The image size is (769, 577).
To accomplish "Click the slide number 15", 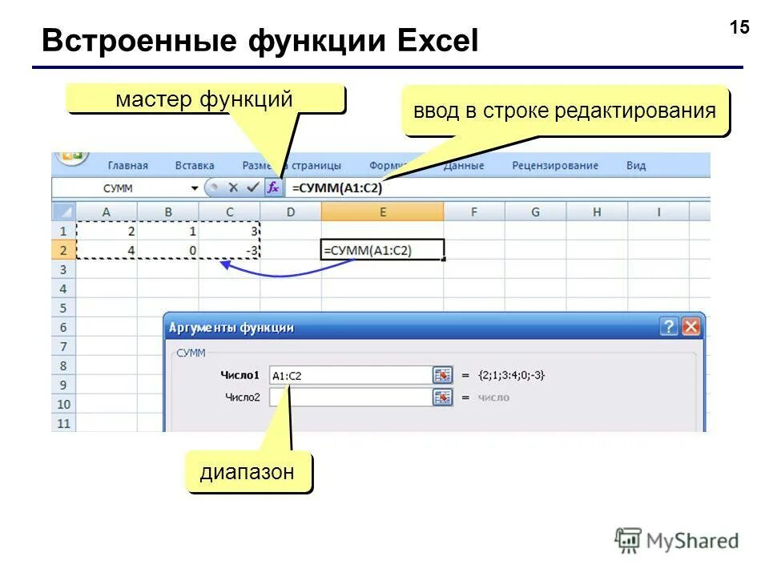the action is [x=739, y=28].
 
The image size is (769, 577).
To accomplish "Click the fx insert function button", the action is [x=273, y=188].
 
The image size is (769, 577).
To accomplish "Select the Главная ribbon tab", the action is [x=127, y=166].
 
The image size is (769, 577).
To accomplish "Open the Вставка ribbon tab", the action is [x=195, y=166].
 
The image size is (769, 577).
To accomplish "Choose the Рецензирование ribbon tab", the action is [x=554, y=166].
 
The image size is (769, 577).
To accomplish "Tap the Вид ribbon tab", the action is [x=636, y=166].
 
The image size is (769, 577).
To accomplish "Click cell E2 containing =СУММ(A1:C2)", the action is [x=382, y=250].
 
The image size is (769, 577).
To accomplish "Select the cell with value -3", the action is [x=230, y=250].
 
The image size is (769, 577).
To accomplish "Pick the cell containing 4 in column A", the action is [x=107, y=250].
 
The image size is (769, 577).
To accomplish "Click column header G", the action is [x=535, y=212].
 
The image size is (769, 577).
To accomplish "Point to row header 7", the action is [x=64, y=346].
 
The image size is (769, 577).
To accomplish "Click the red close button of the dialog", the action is [x=690, y=327].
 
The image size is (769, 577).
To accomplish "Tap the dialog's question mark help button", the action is [x=669, y=327].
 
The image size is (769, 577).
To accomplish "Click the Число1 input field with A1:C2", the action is [x=350, y=375].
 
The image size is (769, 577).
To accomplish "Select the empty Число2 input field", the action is [x=350, y=397].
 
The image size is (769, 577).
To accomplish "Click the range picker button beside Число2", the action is [x=442, y=397].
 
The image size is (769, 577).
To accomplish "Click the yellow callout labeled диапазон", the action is [x=248, y=473].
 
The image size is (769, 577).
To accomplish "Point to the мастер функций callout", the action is [x=204, y=99].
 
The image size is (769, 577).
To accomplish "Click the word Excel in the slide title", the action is [x=432, y=41].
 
